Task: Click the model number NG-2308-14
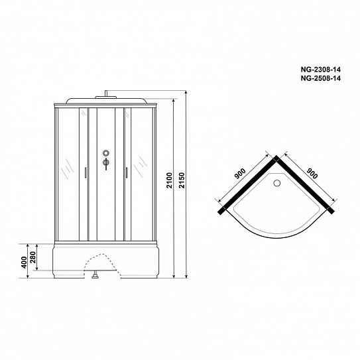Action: click(321, 70)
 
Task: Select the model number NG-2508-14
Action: click(321, 78)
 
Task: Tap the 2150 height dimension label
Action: click(182, 180)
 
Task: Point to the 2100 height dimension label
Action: click(169, 180)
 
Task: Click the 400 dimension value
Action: click(24, 262)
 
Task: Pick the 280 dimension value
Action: click(33, 257)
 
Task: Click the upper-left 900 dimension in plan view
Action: click(240, 174)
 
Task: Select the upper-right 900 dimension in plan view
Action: click(312, 174)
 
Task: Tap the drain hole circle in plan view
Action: click(277, 183)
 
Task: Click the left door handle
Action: click(86, 172)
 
